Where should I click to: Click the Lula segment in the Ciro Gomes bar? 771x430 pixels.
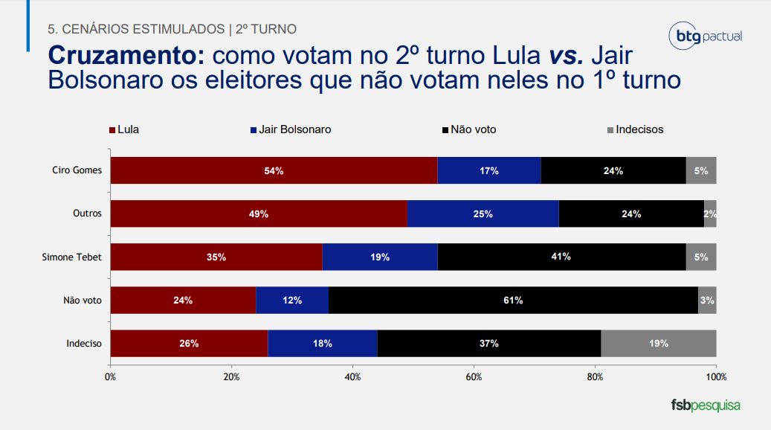[274, 170]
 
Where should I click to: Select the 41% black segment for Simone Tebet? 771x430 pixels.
[561, 257]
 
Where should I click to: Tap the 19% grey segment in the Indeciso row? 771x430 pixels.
[658, 344]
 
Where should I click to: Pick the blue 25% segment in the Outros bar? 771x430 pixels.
[483, 214]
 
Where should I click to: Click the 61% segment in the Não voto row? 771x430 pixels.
[513, 300]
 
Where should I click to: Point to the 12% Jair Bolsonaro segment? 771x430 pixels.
[291, 300]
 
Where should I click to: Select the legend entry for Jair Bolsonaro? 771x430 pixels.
[294, 129]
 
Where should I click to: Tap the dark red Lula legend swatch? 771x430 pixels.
[112, 130]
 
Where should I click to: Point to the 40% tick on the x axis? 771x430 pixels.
[352, 377]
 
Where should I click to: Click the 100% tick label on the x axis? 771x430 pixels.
[715, 377]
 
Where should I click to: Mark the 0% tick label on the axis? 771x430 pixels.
[111, 377]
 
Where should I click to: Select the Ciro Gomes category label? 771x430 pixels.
[77, 170]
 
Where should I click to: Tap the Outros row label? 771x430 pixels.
[87, 214]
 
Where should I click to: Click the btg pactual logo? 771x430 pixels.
[705, 36]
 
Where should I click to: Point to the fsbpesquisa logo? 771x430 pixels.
[705, 405]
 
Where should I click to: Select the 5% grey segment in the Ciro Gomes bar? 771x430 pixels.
[701, 170]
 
